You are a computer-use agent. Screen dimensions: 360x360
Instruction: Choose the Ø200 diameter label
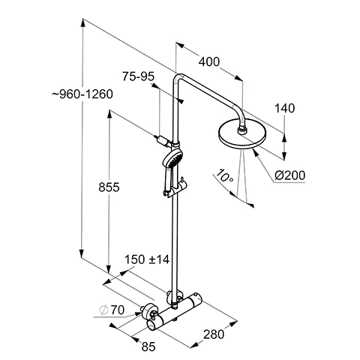click(x=289, y=175)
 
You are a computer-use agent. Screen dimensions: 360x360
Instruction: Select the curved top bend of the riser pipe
click(x=180, y=78)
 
